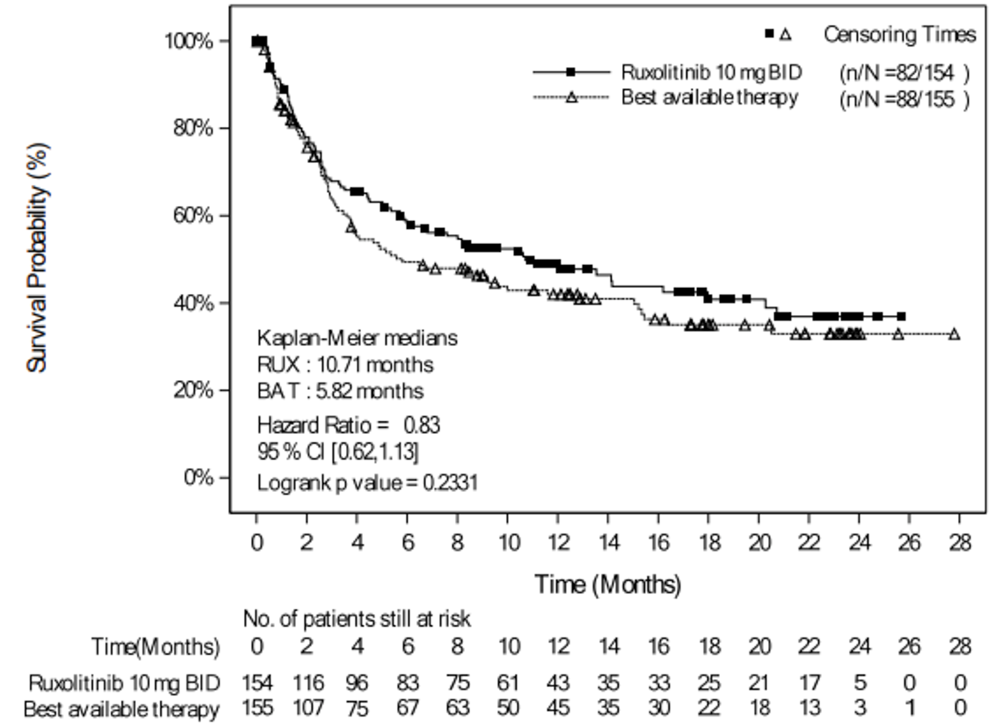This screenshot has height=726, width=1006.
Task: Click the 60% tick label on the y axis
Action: (x=193, y=216)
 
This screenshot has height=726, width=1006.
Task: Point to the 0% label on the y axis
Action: (x=198, y=477)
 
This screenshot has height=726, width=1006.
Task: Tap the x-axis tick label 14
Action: (x=608, y=543)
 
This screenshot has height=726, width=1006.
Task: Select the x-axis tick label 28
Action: (x=959, y=543)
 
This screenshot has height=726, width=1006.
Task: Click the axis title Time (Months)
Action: (x=608, y=584)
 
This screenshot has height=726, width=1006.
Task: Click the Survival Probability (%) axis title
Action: (x=38, y=258)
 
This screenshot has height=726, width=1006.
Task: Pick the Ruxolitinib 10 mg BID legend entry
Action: (x=711, y=72)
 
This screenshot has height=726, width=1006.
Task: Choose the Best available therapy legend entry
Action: (x=709, y=98)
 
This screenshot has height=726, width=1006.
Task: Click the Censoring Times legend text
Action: (x=899, y=34)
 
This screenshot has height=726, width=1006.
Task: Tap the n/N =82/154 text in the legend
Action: (x=903, y=72)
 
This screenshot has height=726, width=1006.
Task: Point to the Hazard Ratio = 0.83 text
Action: (x=348, y=425)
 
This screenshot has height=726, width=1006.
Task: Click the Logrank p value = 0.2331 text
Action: (x=367, y=483)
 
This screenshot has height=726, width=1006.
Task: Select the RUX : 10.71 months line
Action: (x=345, y=364)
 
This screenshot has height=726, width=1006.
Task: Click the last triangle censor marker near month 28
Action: (x=954, y=334)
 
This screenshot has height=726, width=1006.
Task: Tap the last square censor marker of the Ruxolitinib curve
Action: (x=901, y=316)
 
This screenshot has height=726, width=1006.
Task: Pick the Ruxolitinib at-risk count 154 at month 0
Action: (x=256, y=683)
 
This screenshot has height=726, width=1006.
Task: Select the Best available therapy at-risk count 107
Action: (x=307, y=708)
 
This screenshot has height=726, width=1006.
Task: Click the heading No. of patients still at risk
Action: (x=356, y=619)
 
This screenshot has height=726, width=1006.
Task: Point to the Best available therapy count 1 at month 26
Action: (x=909, y=708)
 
